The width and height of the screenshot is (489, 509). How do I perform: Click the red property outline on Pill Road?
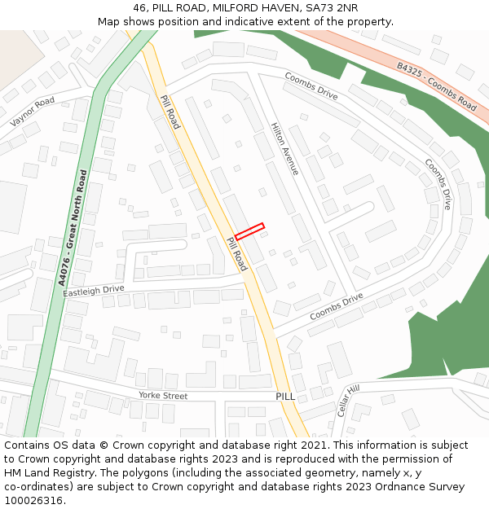coord(249,231)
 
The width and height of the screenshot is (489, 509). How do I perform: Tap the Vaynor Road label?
coord(32,112)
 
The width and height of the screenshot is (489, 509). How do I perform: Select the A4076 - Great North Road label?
coord(72,227)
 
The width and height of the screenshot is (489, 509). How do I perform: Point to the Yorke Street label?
coord(163,396)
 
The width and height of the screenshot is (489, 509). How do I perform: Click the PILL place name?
coord(285,396)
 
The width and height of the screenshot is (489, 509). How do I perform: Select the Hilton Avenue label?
coord(285,149)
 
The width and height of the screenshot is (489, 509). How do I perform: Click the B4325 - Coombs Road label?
coord(437,86)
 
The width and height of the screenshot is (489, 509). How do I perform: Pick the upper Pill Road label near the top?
coord(170,112)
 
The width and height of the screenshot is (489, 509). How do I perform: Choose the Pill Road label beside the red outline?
coord(236,253)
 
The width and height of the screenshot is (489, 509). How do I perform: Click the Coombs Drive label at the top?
coord(311,86)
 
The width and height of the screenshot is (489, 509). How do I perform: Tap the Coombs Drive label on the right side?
coord(438,183)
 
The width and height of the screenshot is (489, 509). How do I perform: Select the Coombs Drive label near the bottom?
coord(336,306)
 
